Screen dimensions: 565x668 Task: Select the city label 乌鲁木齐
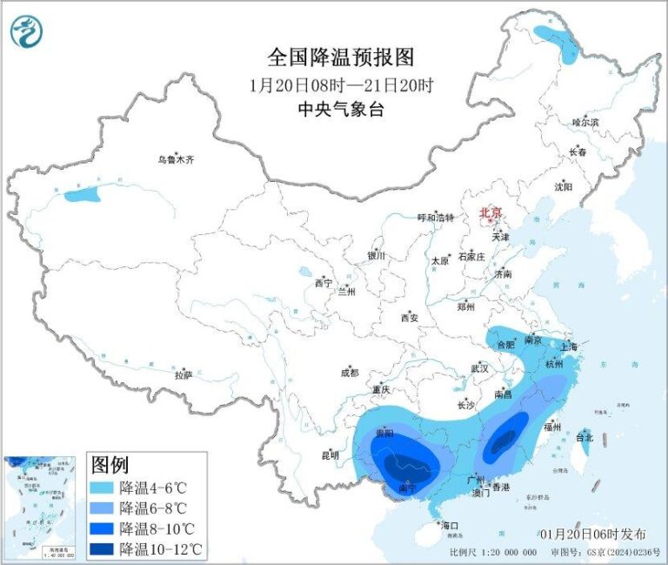(176, 159)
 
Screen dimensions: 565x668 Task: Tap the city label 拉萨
(183, 375)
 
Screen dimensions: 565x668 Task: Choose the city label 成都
(350, 373)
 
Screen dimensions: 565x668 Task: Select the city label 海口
(449, 526)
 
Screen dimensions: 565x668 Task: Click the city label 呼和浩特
(435, 218)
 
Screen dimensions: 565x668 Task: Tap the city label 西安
(409, 318)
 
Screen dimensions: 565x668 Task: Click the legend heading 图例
(110, 465)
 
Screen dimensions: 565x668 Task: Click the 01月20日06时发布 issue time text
(591, 533)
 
